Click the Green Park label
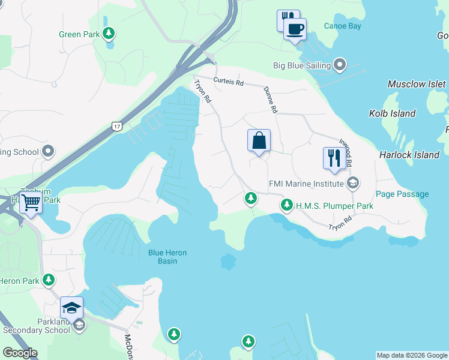(79, 34)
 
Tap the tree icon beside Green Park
(109, 34)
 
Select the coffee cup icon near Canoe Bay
(294, 29)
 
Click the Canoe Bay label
(342, 26)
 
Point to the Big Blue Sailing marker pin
(340, 65)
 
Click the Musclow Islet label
(417, 84)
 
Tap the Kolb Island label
(392, 113)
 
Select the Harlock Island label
(409, 155)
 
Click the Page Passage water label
(402, 194)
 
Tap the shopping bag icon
(259, 141)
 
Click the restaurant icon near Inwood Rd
(334, 158)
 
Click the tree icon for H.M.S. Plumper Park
(287, 206)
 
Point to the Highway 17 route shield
(116, 125)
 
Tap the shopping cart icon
(31, 203)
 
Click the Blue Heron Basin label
(167, 257)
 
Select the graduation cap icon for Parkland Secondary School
(71, 308)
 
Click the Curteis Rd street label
(231, 82)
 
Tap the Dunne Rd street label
(270, 100)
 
